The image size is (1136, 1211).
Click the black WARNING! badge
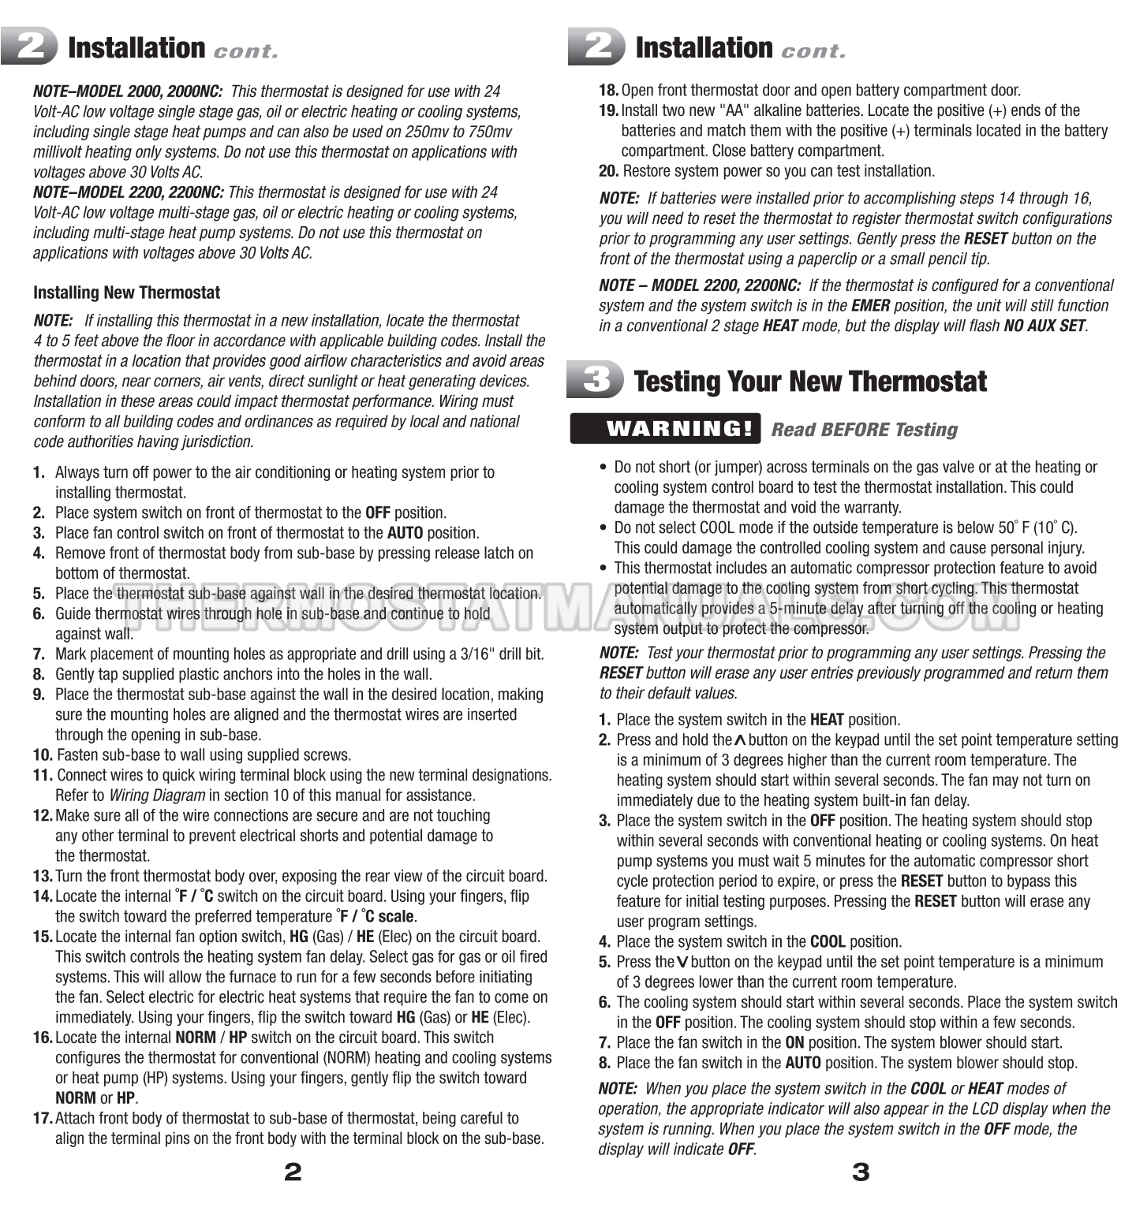tap(665, 429)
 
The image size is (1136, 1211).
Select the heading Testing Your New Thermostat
tap(810, 382)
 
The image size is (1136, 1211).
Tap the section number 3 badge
tap(596, 380)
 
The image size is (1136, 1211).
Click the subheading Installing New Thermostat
tap(126, 293)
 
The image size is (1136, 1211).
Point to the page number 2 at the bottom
tap(293, 1172)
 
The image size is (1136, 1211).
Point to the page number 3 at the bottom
tap(861, 1172)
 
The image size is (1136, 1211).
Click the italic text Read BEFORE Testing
tap(864, 430)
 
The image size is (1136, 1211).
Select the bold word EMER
tap(870, 306)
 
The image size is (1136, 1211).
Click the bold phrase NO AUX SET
tap(1044, 326)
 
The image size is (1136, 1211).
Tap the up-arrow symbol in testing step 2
tap(740, 740)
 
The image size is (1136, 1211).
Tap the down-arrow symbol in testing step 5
tap(682, 963)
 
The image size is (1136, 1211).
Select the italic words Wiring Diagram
tap(157, 796)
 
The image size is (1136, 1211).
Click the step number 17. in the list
tap(43, 1118)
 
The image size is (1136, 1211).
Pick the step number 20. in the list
tap(608, 171)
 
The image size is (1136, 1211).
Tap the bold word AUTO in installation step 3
tap(405, 533)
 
